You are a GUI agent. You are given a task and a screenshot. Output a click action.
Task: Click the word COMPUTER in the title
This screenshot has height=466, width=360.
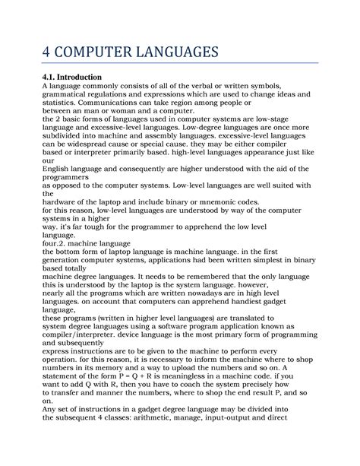(104, 53)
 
